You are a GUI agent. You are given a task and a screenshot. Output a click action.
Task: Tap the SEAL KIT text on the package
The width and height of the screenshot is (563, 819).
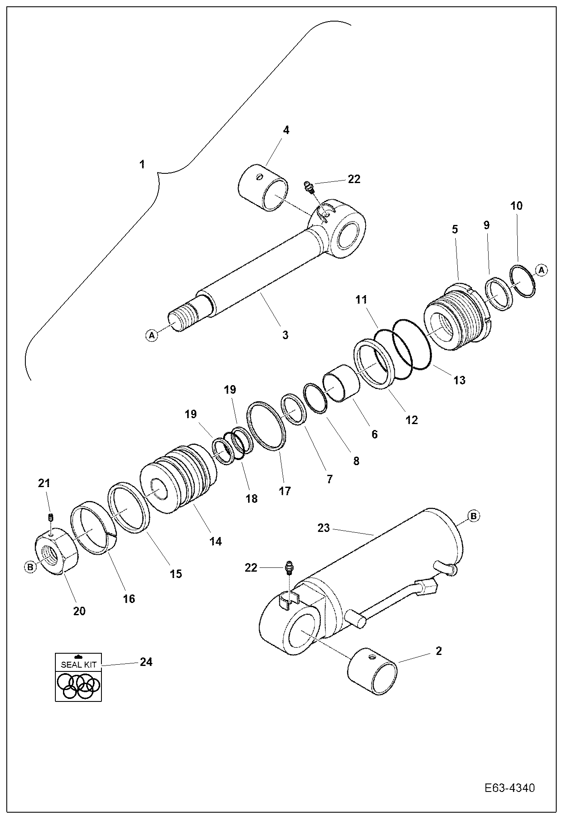tap(79, 664)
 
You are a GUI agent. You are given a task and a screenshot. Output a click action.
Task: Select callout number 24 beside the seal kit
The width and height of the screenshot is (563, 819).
tap(146, 662)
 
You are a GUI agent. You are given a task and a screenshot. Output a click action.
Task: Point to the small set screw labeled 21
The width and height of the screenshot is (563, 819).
tap(51, 517)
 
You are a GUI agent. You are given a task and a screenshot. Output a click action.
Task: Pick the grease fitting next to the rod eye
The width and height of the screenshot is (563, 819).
tap(309, 186)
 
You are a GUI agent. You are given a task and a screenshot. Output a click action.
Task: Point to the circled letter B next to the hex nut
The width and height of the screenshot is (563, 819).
tap(30, 567)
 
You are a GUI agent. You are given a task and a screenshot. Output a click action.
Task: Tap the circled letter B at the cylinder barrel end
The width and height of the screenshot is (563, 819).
tap(473, 516)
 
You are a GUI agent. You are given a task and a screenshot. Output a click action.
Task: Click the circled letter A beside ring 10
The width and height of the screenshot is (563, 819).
tap(541, 270)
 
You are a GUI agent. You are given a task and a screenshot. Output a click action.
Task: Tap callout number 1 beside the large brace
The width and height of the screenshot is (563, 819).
tap(142, 164)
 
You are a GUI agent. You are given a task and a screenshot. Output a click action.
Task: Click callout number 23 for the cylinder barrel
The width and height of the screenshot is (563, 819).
tap(323, 528)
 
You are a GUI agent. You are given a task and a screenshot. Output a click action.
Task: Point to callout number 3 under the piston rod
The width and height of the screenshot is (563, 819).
tap(285, 335)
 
